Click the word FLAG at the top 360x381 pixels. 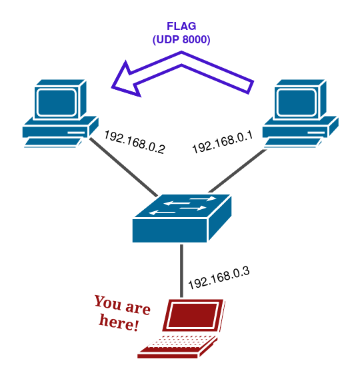click(x=181, y=26)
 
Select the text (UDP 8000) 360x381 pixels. click(x=181, y=39)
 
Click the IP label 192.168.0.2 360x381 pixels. click(x=135, y=142)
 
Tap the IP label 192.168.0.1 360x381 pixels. click(x=223, y=142)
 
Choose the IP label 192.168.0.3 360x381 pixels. click(x=219, y=278)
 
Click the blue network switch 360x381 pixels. click(x=182, y=218)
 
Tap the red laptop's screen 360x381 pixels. click(x=193, y=315)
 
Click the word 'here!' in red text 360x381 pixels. click(x=119, y=322)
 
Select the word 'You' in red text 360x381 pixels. click(x=108, y=303)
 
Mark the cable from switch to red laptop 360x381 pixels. click(x=181, y=271)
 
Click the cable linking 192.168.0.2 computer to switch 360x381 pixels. click(x=123, y=167)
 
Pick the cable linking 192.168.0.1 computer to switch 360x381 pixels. click(x=237, y=171)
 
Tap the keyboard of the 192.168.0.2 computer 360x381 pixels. click(x=53, y=143)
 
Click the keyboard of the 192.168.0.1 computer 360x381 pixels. click(x=293, y=143)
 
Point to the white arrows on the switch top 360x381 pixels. click(x=183, y=206)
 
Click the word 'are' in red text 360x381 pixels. click(x=138, y=308)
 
